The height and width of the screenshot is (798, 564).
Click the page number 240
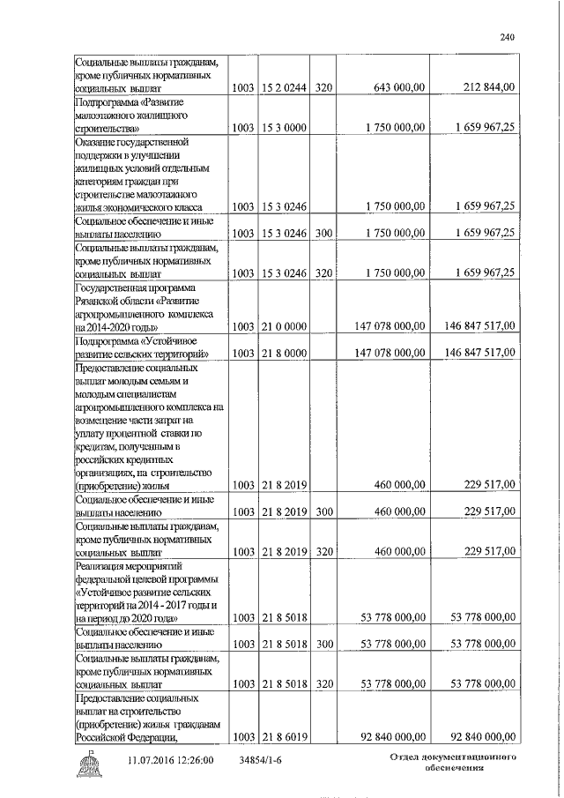click(x=507, y=37)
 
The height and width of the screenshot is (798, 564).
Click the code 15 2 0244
click(x=283, y=87)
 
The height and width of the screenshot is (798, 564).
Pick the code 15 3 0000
click(x=283, y=129)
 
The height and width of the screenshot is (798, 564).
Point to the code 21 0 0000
click(x=283, y=326)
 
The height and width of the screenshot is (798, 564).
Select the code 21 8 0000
click(x=283, y=354)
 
